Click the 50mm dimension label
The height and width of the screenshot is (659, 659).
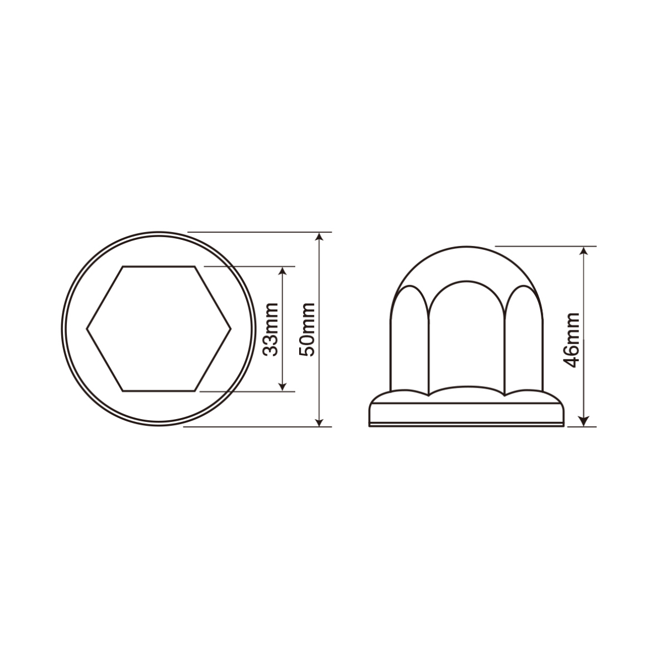tap(307, 329)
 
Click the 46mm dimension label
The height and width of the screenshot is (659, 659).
tap(572, 340)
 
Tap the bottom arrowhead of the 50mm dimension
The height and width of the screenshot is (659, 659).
tap(320, 421)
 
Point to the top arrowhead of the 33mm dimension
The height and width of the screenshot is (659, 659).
tap(283, 271)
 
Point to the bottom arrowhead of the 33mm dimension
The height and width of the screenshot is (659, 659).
tap(283, 386)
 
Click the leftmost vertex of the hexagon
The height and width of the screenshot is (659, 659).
tap(87, 329)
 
